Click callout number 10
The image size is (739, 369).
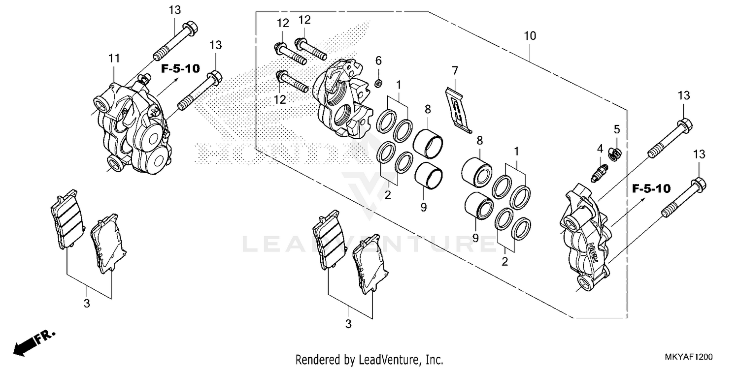530,36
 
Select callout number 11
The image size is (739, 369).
114,59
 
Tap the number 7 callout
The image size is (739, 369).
454,70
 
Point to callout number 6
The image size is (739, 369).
378,61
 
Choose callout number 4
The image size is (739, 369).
600,148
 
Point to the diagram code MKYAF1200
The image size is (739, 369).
687,356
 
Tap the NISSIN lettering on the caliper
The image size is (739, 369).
595,252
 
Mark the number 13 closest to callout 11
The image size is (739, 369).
175,9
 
